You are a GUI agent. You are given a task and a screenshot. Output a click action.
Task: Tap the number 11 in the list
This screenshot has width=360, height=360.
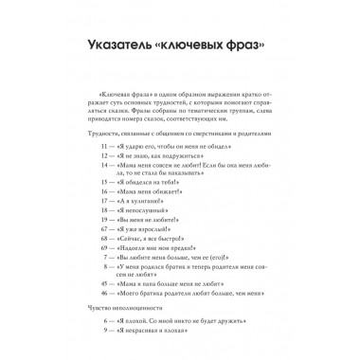click(108, 148)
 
